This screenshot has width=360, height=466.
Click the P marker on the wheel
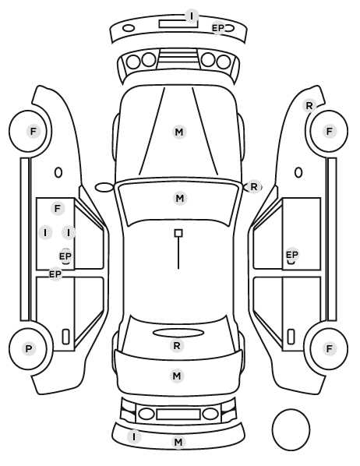click(x=29, y=348)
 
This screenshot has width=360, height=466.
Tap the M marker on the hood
click(x=179, y=132)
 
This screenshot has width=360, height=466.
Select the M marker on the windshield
click(x=180, y=198)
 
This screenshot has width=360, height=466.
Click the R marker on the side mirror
click(x=254, y=187)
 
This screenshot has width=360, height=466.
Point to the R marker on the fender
click(x=309, y=105)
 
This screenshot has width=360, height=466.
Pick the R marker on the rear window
click(x=177, y=346)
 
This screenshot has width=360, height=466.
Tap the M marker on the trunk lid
click(x=177, y=376)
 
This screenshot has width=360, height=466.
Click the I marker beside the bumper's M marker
click(x=134, y=437)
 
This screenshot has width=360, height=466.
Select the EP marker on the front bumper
click(x=218, y=28)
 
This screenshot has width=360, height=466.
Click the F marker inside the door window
click(x=58, y=208)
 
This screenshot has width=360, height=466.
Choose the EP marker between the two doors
click(x=55, y=274)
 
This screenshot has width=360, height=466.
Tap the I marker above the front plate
click(x=192, y=16)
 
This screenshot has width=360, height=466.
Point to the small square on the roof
click(x=178, y=233)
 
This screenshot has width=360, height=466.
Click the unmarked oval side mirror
click(x=104, y=188)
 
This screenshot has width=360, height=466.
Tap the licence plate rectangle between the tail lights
click(x=178, y=415)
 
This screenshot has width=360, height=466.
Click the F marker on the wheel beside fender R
click(x=329, y=131)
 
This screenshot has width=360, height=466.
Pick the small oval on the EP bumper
click(x=129, y=29)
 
